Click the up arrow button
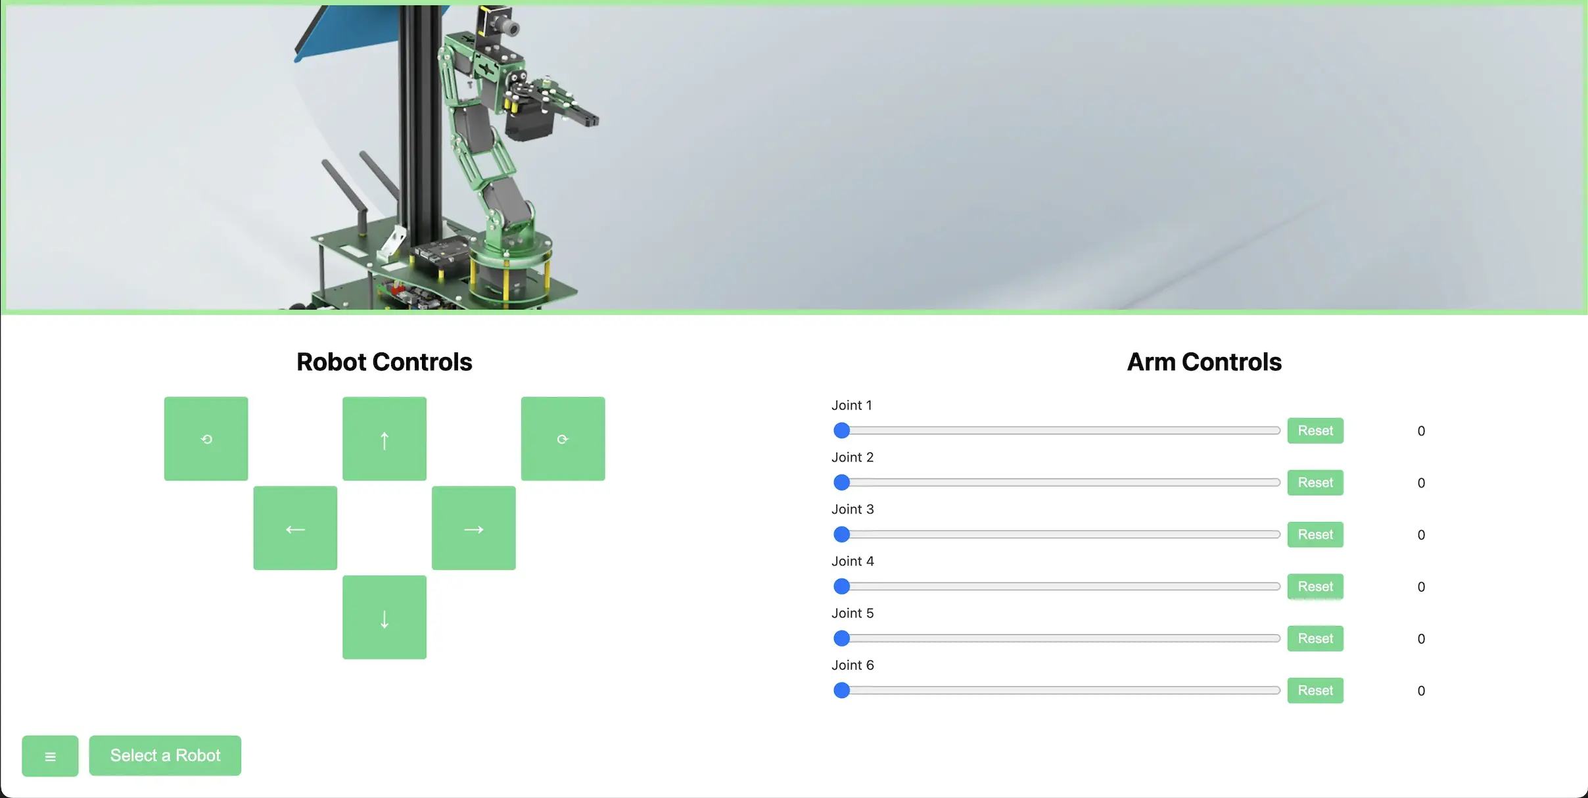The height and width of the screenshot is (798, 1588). [385, 438]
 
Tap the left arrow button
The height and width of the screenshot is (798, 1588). [295, 528]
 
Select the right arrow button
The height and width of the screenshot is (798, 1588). [474, 528]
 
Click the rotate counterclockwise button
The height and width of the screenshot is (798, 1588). [206, 438]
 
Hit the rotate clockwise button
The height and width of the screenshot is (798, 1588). [563, 438]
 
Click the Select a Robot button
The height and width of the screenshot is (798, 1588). [165, 755]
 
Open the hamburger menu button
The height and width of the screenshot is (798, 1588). [50, 756]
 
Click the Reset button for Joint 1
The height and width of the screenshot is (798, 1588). [1315, 431]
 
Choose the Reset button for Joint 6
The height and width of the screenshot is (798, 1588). [1315, 690]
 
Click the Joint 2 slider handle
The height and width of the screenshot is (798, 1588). [841, 482]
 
